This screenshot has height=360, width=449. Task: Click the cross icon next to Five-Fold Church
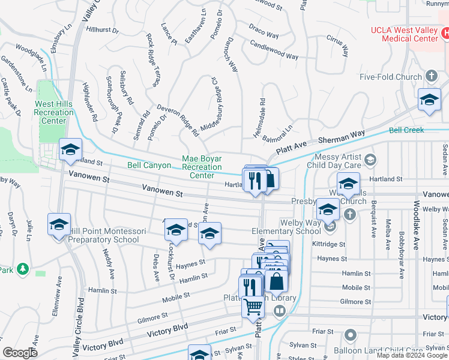pos(431,76)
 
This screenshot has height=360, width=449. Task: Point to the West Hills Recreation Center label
pos(53,112)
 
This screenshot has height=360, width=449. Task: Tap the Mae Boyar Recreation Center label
pos(202,167)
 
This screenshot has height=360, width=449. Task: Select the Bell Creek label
pos(406,130)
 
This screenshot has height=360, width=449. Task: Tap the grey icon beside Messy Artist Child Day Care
pos(371,159)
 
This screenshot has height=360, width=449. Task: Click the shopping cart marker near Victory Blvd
pos(253,307)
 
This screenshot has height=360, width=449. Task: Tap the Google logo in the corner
pos(20,353)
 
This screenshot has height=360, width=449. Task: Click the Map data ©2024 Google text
pos(411,355)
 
